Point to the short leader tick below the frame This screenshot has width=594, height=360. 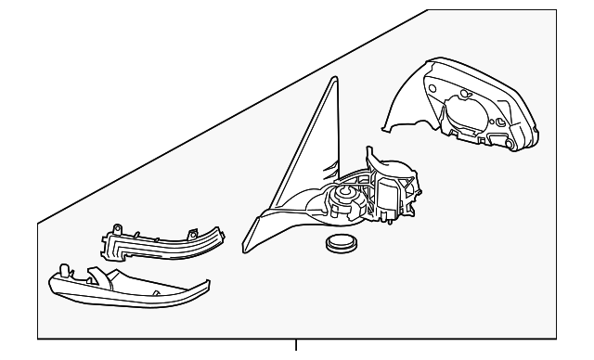297,346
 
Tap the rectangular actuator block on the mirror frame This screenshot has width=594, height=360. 385,196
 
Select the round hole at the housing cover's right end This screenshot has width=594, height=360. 500,123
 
